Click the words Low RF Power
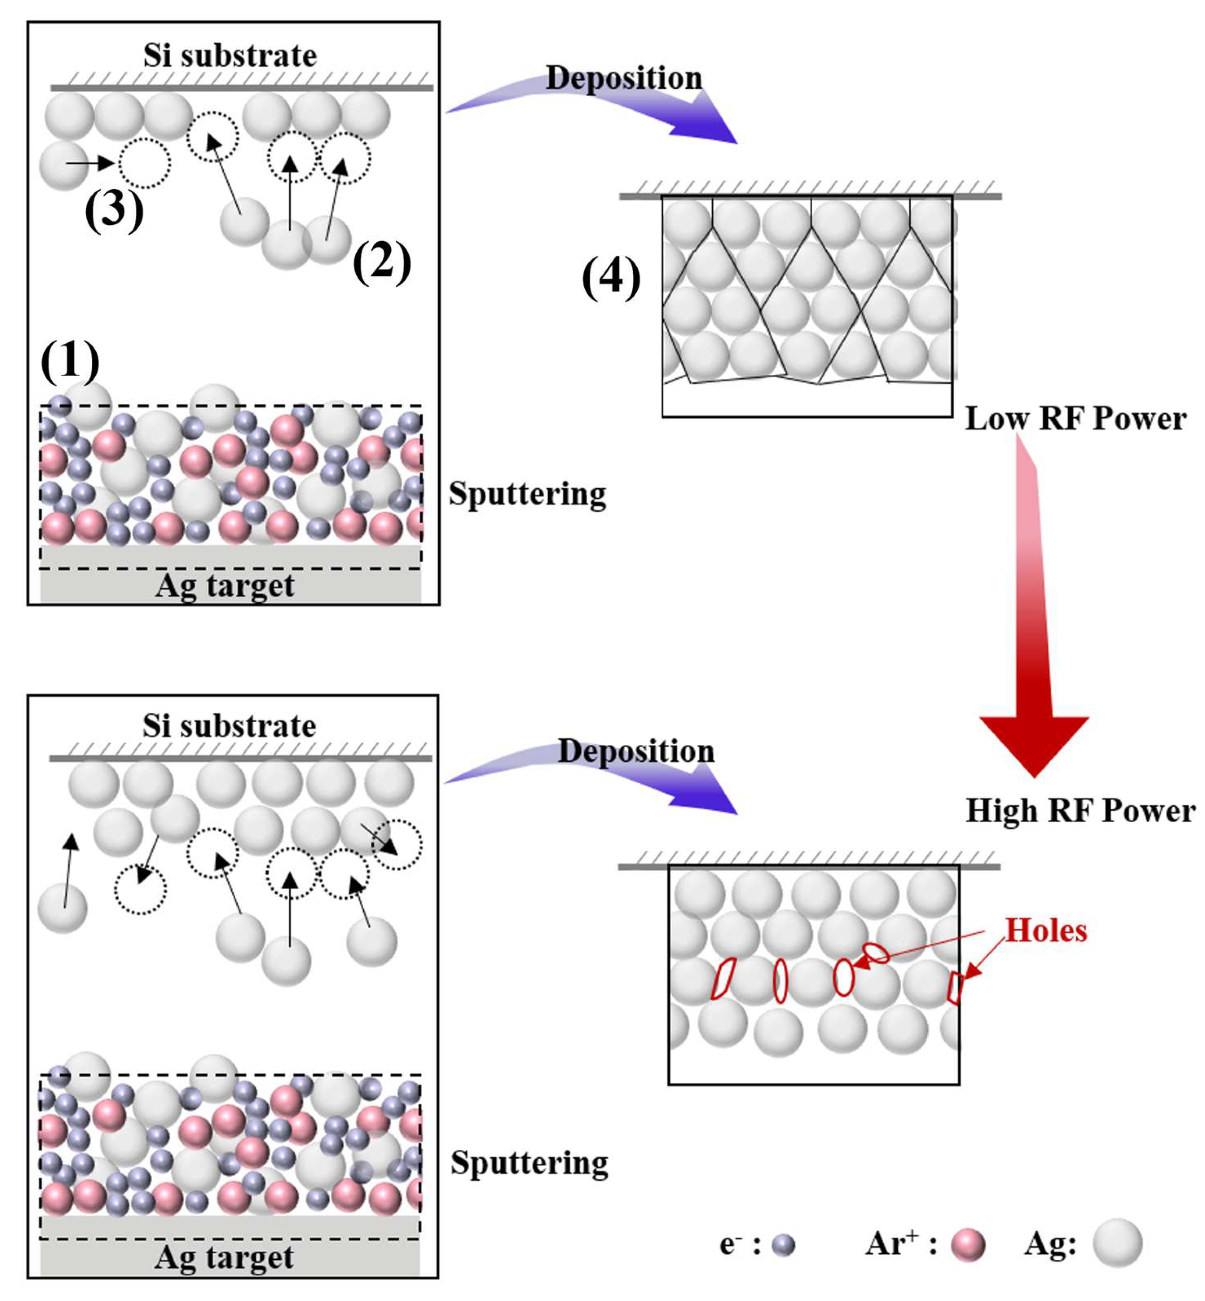click(x=1075, y=419)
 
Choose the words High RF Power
click(x=1081, y=811)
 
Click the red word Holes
click(x=1046, y=931)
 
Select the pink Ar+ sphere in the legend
click(x=967, y=1245)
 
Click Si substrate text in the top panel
click(x=230, y=56)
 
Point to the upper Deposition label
click(x=624, y=78)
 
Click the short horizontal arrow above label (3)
click(x=90, y=164)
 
